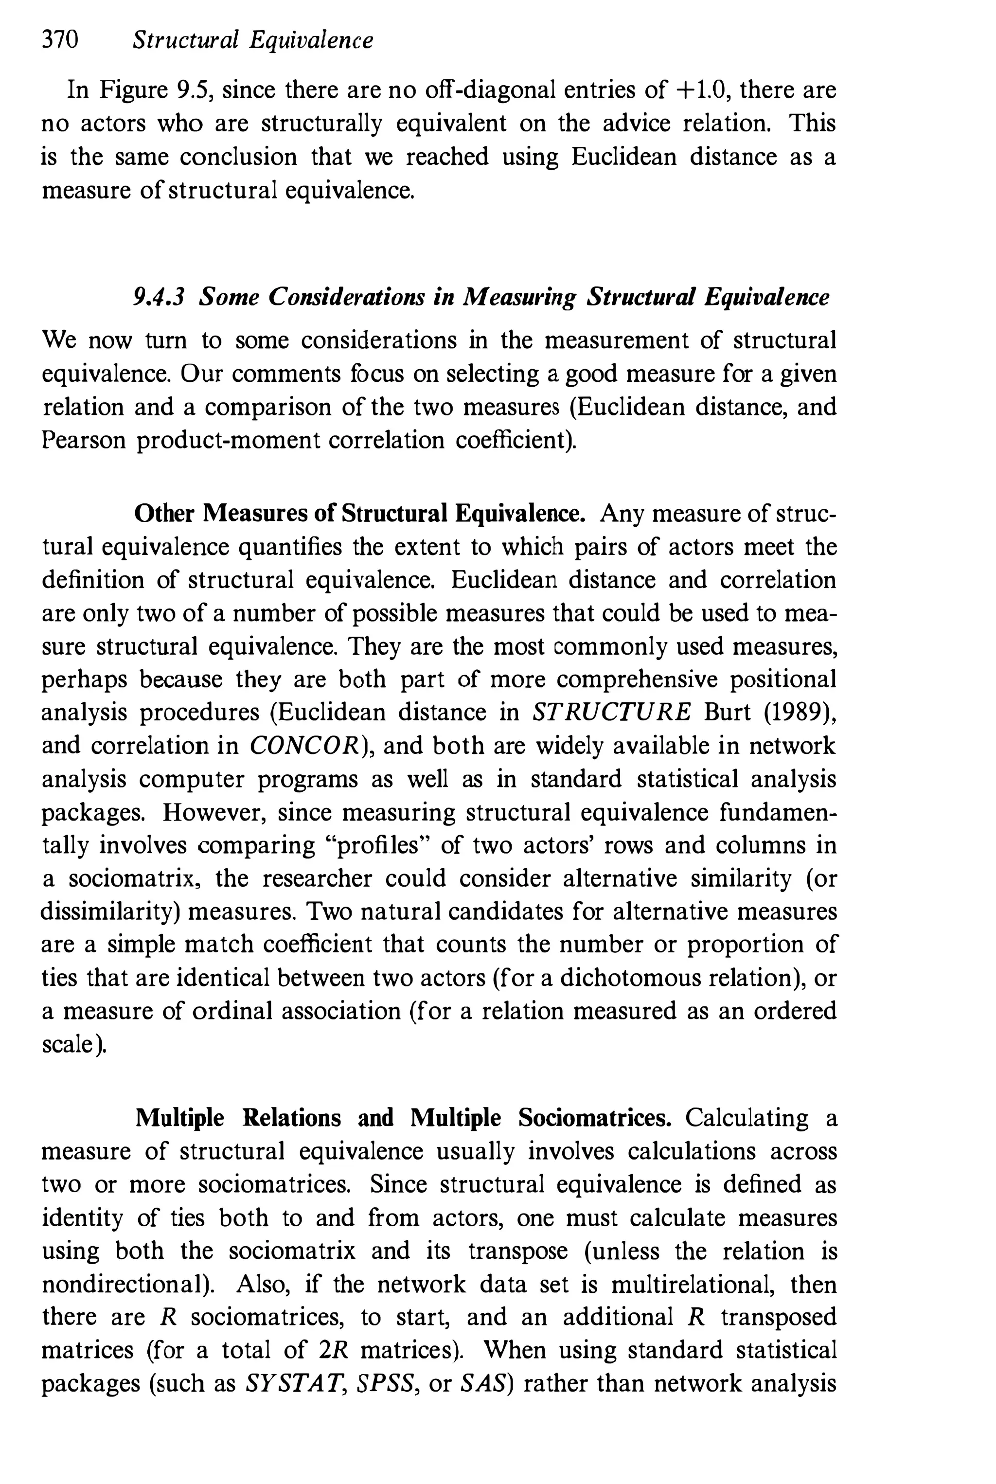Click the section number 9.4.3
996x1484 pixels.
(x=158, y=297)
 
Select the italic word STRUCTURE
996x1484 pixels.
(x=610, y=713)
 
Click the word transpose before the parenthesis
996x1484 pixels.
(x=517, y=1251)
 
